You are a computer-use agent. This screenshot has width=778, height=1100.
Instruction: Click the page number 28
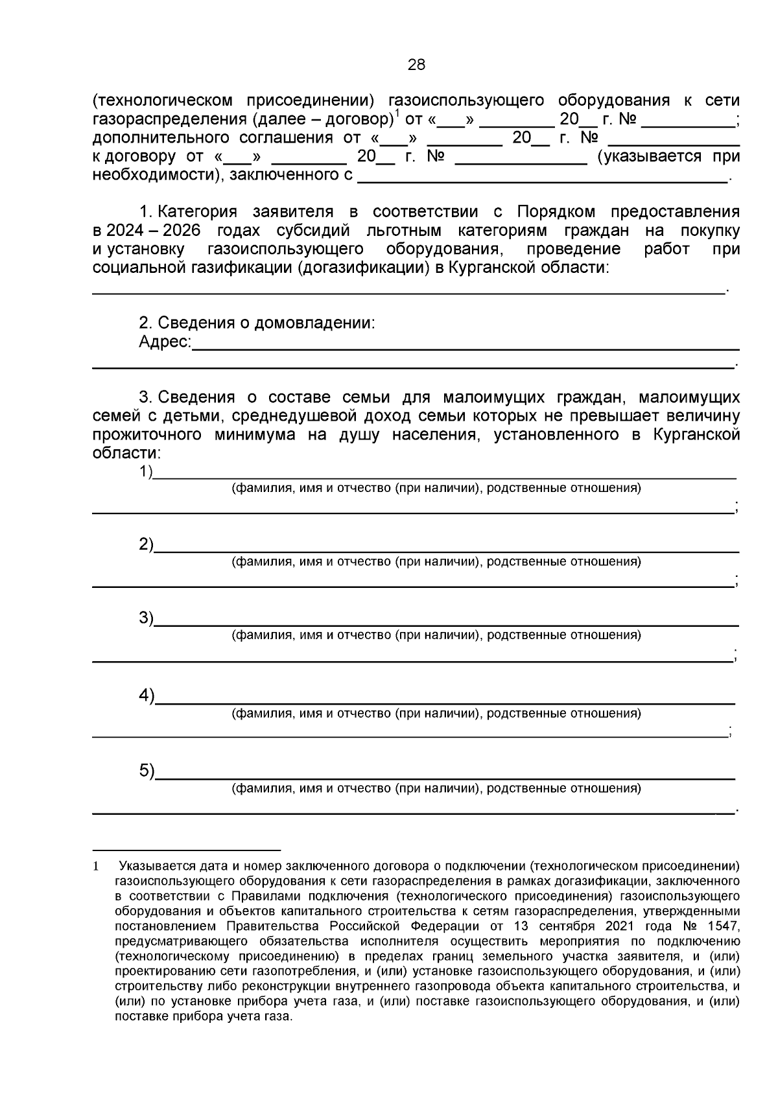416,65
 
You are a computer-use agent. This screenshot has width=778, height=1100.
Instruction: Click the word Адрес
164,342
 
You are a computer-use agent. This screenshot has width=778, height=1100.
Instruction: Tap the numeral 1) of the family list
145,472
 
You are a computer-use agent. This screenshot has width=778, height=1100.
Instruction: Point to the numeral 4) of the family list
146,696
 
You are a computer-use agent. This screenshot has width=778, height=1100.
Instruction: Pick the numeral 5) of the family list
146,771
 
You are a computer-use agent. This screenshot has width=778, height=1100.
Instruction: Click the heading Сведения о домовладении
266,323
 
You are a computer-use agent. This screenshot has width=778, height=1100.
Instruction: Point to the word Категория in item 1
198,213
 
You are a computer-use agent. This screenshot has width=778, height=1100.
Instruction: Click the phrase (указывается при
668,157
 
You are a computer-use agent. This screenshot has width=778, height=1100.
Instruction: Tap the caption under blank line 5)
436,789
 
